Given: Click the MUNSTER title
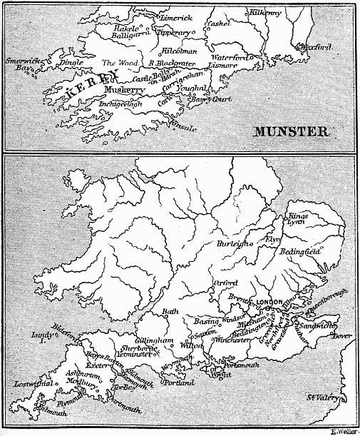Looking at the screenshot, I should [x=289, y=131].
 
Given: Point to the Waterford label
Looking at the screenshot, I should [x=229, y=56].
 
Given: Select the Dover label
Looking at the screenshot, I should [x=343, y=336].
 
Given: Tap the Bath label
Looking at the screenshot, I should [x=170, y=311].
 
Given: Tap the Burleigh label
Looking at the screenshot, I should [x=233, y=244].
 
